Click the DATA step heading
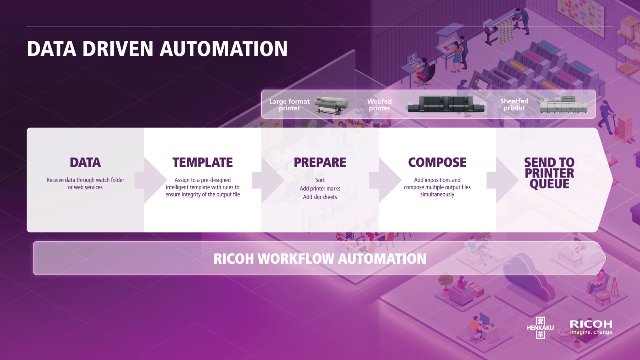click(x=85, y=162)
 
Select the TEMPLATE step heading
click(x=203, y=162)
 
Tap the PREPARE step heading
click(x=320, y=162)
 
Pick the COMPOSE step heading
click(x=437, y=162)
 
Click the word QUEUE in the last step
click(x=550, y=184)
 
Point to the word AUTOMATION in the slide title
click(x=224, y=49)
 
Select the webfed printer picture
click(x=447, y=104)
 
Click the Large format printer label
click(x=289, y=105)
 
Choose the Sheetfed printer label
click(x=514, y=104)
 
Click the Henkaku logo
click(x=540, y=328)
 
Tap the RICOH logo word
click(x=591, y=324)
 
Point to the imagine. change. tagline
click(x=592, y=332)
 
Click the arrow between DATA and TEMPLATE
click(x=151, y=180)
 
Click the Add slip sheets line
click(x=320, y=197)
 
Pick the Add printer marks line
click(x=320, y=188)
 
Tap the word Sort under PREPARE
click(x=320, y=180)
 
